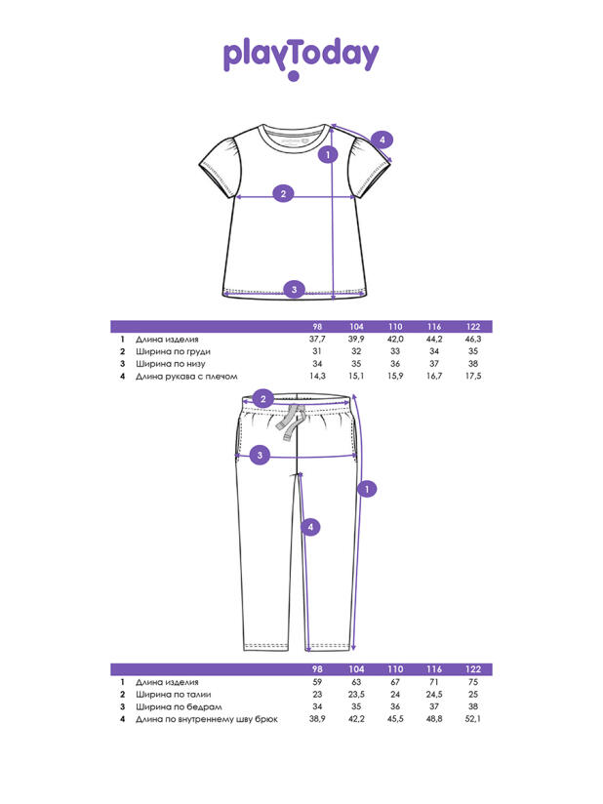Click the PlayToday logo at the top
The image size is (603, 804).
301,57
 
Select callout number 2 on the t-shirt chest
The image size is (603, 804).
283,193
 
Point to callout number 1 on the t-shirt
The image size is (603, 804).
330,153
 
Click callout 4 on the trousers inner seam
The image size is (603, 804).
309,527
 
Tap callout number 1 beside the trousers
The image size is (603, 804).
368,488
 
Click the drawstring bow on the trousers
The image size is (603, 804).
290,422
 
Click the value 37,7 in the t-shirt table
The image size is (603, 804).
315,340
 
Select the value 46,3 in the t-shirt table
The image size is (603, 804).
473,340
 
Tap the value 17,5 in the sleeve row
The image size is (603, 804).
473,376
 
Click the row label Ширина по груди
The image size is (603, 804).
173,351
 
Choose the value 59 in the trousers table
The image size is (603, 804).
316,682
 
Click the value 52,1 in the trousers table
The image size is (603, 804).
473,718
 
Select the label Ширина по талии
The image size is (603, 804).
173,694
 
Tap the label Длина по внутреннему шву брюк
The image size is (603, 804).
207,718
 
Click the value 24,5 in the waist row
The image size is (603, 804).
434,694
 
